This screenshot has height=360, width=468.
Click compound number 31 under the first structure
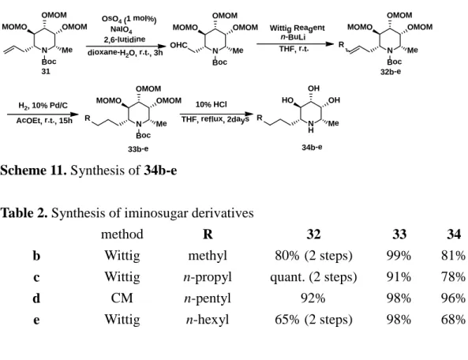click(x=46, y=72)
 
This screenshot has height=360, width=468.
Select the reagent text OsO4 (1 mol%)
click(x=129, y=19)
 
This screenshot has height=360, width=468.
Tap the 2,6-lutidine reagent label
click(x=125, y=39)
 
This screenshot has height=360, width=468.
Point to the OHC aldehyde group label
click(x=179, y=45)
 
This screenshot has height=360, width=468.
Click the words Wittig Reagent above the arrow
click(x=297, y=28)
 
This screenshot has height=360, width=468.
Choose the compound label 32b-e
click(x=391, y=72)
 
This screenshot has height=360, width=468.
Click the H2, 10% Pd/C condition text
click(x=43, y=106)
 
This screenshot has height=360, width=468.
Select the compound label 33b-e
click(x=138, y=148)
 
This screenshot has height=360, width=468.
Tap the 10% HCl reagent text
click(x=211, y=104)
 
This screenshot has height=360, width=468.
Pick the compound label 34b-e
click(x=312, y=147)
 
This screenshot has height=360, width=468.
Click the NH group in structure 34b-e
click(x=311, y=126)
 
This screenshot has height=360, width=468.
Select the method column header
click(x=122, y=234)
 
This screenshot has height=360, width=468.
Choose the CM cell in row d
click(x=122, y=298)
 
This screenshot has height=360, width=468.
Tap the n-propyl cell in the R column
click(x=208, y=277)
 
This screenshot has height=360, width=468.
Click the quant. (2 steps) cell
click(x=313, y=277)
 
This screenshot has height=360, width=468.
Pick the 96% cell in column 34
click(x=453, y=298)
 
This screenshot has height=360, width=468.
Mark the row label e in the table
click(x=36, y=320)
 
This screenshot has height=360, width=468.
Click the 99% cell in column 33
click(x=399, y=256)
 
